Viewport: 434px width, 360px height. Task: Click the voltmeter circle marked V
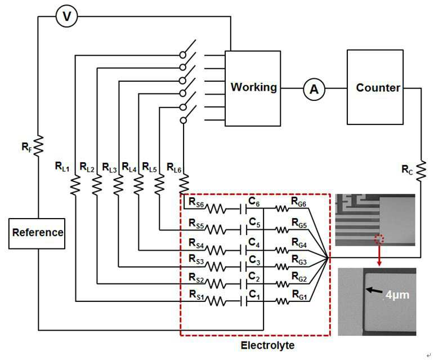pyautogui.click(x=67, y=16)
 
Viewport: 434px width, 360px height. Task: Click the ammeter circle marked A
pyautogui.click(x=314, y=89)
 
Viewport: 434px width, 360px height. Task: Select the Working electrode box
pyautogui.click(x=253, y=88)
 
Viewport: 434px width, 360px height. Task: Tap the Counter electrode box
pyautogui.click(x=375, y=87)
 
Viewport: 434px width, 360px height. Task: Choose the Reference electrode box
pyautogui.click(x=37, y=233)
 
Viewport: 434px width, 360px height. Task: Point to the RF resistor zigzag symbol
pyautogui.click(x=38, y=145)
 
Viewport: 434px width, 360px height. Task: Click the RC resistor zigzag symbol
pyautogui.click(x=420, y=171)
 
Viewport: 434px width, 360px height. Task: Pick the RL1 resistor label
pyautogui.click(x=62, y=167)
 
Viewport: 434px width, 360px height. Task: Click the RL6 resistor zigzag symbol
pyautogui.click(x=184, y=183)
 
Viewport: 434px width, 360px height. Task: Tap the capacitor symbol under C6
pyautogui.click(x=244, y=209)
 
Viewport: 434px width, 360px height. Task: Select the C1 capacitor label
pyautogui.click(x=254, y=295)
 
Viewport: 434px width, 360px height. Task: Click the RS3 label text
pyautogui.click(x=196, y=260)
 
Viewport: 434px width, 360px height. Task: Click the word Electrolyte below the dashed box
pyautogui.click(x=267, y=345)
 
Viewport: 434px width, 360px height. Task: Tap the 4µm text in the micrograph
pyautogui.click(x=397, y=295)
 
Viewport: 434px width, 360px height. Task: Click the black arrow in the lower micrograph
pyautogui.click(x=374, y=291)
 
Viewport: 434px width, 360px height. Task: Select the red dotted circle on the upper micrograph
pyautogui.click(x=379, y=239)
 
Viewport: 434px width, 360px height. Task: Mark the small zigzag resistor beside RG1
pyautogui.click(x=282, y=301)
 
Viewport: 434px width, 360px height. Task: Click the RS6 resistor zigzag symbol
pyautogui.click(x=216, y=209)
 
